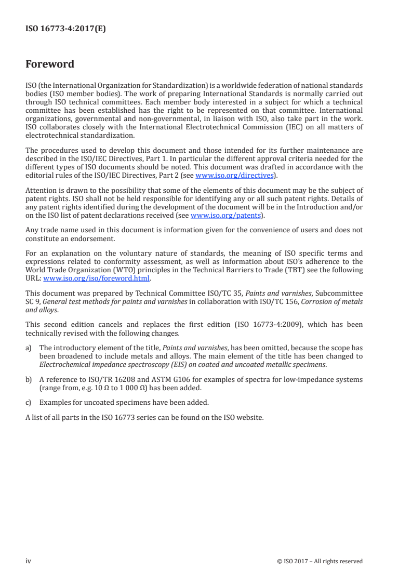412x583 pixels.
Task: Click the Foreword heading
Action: click(50, 64)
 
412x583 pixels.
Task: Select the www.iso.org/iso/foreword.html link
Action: click(96, 278)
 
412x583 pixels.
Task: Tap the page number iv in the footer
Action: click(29, 561)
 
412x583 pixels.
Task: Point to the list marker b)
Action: click(29, 380)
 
